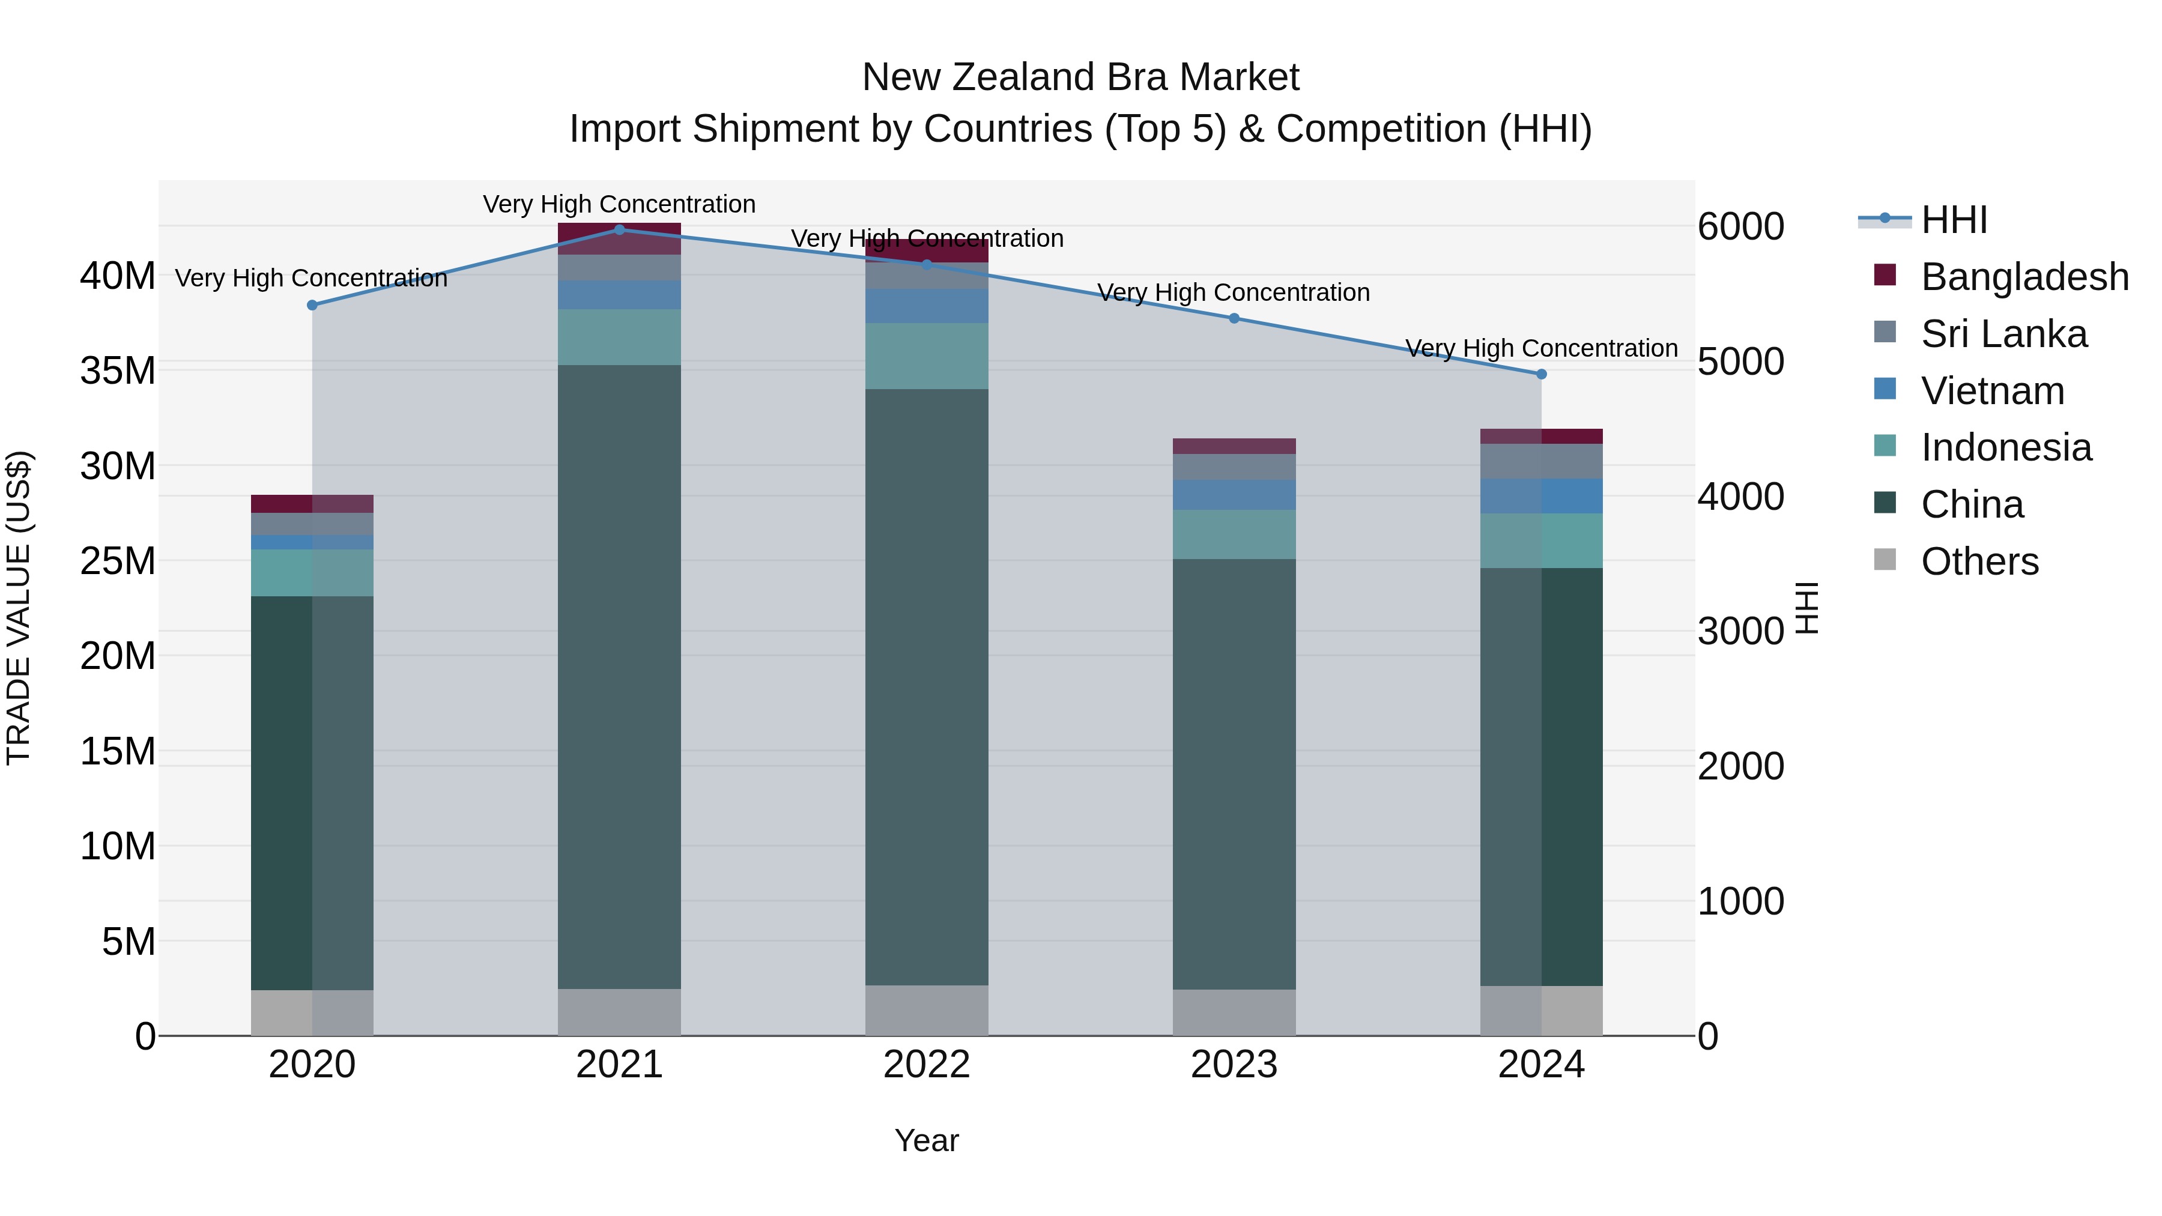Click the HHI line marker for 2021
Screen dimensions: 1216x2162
click(x=619, y=229)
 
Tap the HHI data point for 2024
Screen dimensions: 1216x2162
click(x=1541, y=374)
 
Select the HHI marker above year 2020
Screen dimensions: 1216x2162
click(x=312, y=306)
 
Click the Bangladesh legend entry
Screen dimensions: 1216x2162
click(x=2024, y=277)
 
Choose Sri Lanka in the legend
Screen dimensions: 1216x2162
click(x=2003, y=334)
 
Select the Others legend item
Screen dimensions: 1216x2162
click(x=1979, y=561)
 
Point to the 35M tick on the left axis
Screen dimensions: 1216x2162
click(x=118, y=370)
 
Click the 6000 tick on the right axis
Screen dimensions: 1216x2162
click(x=1740, y=226)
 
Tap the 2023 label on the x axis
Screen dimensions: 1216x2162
click(x=1234, y=1065)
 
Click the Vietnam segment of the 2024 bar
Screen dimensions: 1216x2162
click(x=1541, y=496)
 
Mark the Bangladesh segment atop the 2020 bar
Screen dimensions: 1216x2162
click(x=312, y=504)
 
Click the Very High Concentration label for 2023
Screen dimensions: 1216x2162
click(x=1234, y=293)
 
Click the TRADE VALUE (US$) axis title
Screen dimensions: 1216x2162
click(x=19, y=608)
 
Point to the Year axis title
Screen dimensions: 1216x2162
click(x=927, y=1140)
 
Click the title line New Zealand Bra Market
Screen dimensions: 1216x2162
click(x=1080, y=77)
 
